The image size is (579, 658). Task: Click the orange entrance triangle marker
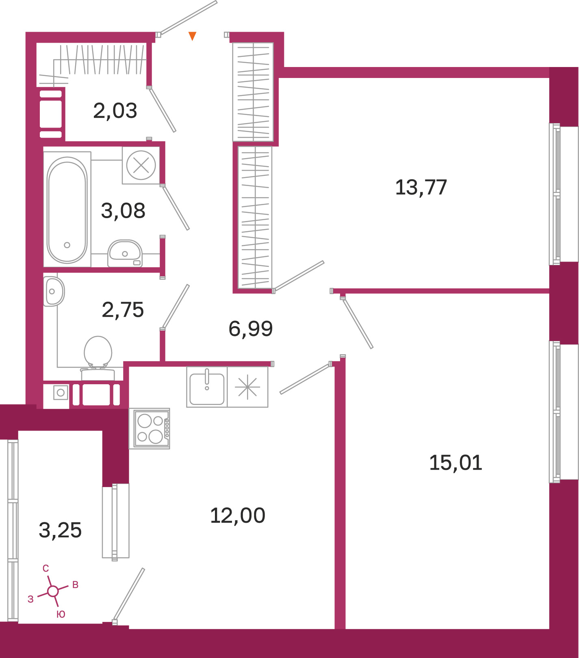(193, 36)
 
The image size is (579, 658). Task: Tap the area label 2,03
(115, 110)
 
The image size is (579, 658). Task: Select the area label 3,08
(123, 210)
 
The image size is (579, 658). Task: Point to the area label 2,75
(123, 310)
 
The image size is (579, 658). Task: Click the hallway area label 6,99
(250, 328)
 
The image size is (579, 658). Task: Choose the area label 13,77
(421, 187)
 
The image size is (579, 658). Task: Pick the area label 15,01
(455, 463)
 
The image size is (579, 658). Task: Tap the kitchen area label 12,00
(238, 515)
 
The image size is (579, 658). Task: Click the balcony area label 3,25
(60, 530)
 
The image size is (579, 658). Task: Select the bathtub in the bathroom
(67, 210)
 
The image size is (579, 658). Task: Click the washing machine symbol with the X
(141, 165)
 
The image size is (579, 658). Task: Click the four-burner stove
(150, 429)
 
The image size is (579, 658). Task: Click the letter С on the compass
(46, 569)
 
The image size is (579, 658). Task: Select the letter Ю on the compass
(61, 614)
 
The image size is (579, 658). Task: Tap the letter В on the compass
(75, 585)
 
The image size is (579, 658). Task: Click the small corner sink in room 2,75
(54, 291)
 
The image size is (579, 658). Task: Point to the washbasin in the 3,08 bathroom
(125, 253)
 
